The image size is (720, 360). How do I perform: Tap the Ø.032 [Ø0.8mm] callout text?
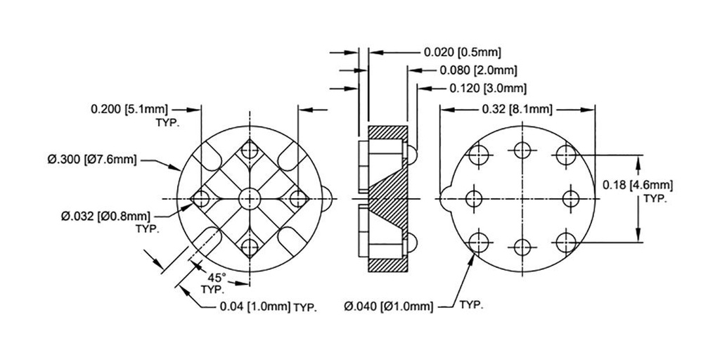pyautogui.click(x=105, y=216)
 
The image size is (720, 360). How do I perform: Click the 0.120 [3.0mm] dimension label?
pyautogui.click(x=488, y=88)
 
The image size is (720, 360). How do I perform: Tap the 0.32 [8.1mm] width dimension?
pyautogui.click(x=517, y=109)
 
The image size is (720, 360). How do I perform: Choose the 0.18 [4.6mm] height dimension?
pyautogui.click(x=638, y=185)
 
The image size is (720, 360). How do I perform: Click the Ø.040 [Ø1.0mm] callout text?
pyautogui.click(x=389, y=307)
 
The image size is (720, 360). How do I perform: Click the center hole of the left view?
pyautogui.click(x=249, y=198)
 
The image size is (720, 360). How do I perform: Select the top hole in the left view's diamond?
pyautogui.click(x=249, y=152)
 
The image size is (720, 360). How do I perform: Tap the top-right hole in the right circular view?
pyautogui.click(x=565, y=154)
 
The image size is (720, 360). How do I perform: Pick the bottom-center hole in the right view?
pyautogui.click(x=522, y=247)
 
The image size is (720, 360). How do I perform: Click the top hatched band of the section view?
pyautogui.click(x=387, y=132)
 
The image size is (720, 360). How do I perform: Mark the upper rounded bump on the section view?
pyautogui.click(x=412, y=151)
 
